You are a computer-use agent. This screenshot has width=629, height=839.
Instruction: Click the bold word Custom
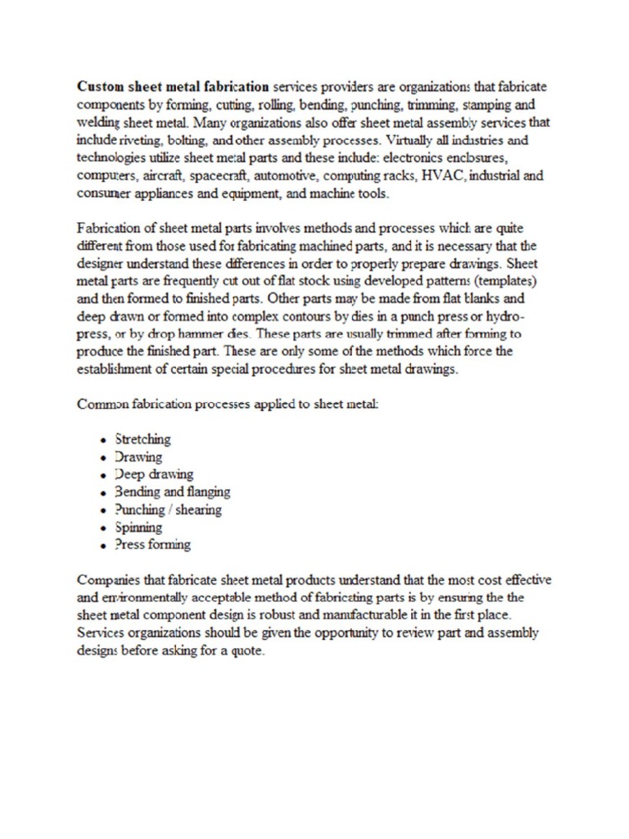pyautogui.click(x=98, y=85)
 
